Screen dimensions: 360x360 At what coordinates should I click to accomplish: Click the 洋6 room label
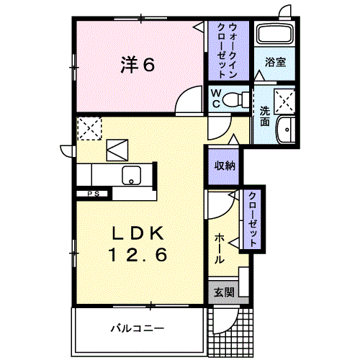tap(136, 66)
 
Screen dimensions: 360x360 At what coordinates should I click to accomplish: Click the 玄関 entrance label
tap(223, 292)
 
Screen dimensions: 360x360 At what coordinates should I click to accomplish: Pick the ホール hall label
tap(219, 247)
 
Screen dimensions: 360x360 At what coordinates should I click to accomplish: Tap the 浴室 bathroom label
tap(276, 63)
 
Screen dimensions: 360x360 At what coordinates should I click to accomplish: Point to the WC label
tap(215, 99)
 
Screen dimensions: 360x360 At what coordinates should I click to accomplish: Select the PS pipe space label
tap(93, 193)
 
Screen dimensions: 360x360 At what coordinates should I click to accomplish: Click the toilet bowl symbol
tap(235, 99)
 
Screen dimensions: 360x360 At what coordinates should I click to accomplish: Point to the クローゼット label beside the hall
tap(253, 218)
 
